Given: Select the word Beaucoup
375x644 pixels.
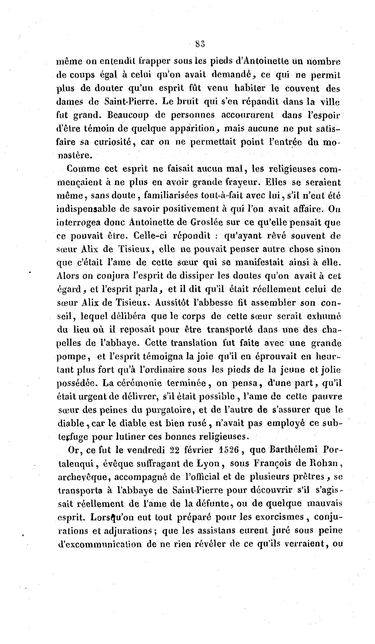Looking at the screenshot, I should pos(128,115).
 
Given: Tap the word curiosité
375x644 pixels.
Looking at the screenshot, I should pos(113,142).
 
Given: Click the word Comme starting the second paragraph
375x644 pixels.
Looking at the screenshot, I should pos(83,169).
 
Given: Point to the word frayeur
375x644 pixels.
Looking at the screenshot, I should pos(243,182).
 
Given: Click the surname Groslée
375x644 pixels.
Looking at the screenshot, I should pos(206,222).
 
